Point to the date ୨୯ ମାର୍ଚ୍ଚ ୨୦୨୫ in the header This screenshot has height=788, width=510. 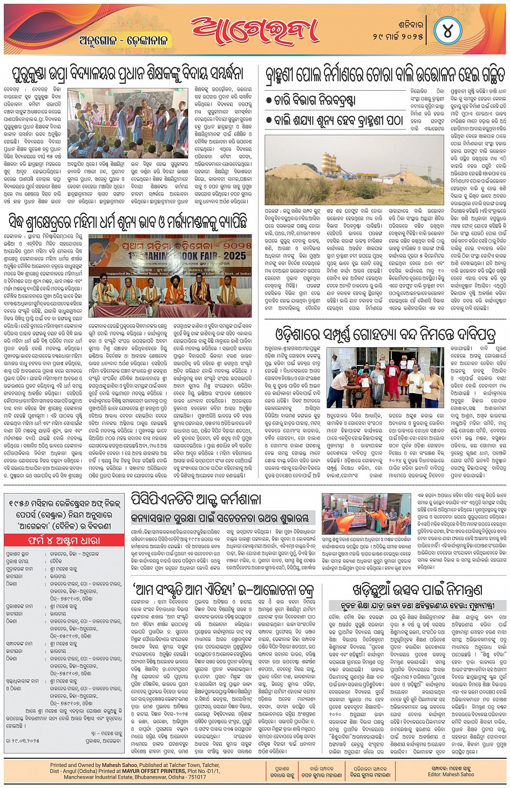point(398,36)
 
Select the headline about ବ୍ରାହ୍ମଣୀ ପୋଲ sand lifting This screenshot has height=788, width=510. point(385,75)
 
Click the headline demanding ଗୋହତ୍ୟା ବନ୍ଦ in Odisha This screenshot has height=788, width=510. point(385,334)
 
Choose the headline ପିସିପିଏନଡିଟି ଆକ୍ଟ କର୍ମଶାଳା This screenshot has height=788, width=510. point(195,499)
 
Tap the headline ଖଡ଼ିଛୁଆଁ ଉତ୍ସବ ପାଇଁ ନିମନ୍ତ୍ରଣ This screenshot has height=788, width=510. point(417,589)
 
